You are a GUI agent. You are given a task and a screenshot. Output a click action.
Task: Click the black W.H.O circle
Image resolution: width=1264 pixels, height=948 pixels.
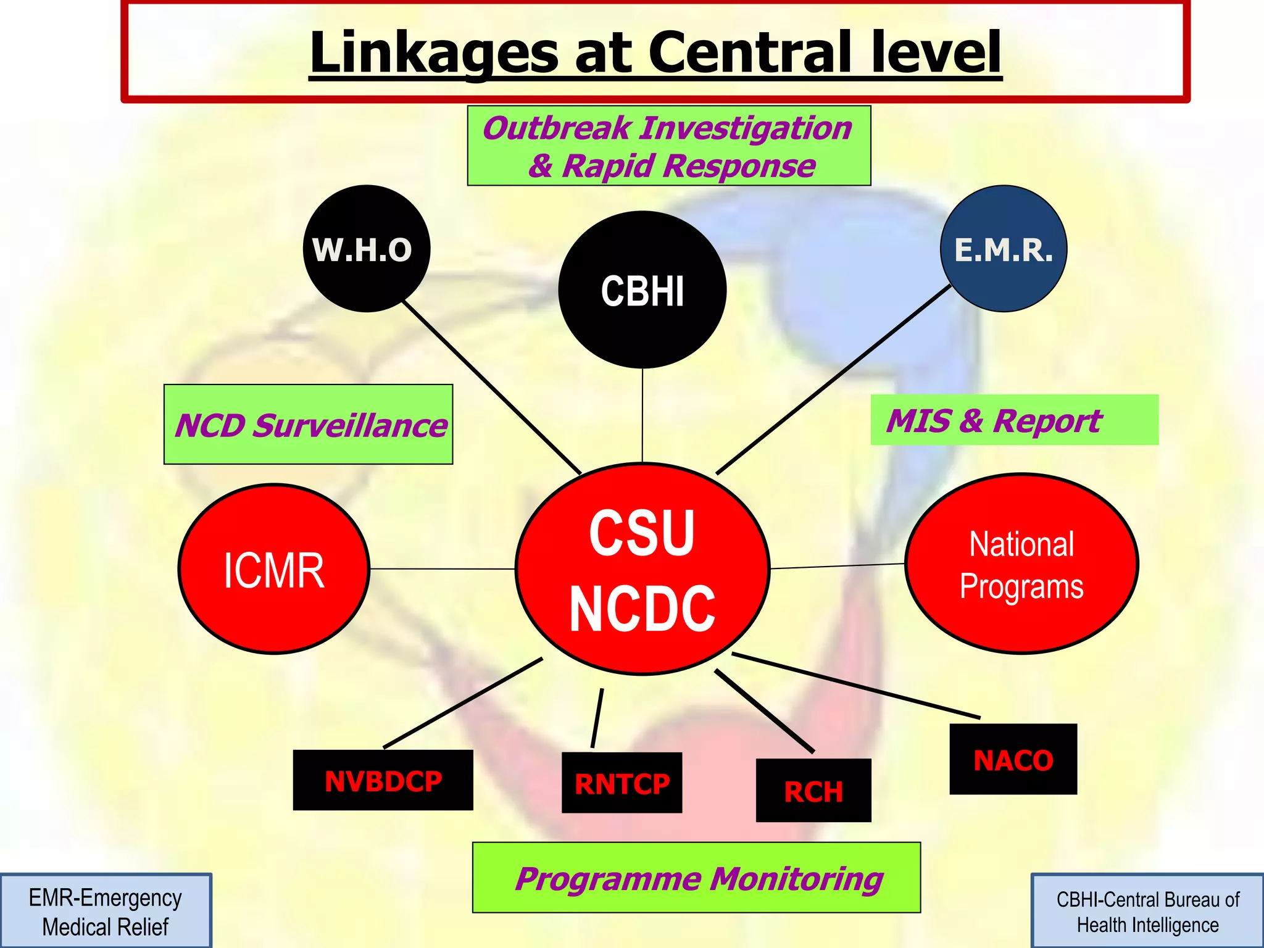pyautogui.click(x=366, y=249)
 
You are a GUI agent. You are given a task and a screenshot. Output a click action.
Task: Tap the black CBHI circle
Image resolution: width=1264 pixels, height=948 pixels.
pyautogui.click(x=642, y=290)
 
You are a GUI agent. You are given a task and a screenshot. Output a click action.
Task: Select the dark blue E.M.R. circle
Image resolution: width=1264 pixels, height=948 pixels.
pyautogui.click(x=1004, y=249)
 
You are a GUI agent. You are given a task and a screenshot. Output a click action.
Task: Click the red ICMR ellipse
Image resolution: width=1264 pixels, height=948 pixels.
pyautogui.click(x=273, y=569)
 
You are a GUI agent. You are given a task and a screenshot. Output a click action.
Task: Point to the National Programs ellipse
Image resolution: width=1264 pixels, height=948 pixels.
pyautogui.click(x=1021, y=564)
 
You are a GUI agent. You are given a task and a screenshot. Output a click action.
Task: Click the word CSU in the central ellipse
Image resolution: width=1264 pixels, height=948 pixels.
pyautogui.click(x=642, y=532)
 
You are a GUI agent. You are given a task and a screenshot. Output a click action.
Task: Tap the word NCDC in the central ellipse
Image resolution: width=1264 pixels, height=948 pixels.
pyautogui.click(x=642, y=609)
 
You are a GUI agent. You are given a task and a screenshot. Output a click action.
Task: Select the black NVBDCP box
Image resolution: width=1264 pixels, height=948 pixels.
pyautogui.click(x=383, y=780)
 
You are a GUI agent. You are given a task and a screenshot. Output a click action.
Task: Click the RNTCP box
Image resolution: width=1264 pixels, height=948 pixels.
pyautogui.click(x=622, y=783)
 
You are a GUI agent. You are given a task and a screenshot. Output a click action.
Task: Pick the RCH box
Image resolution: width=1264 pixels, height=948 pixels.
pyautogui.click(x=813, y=791)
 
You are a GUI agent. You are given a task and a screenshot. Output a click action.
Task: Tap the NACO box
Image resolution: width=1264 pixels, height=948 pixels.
pyautogui.click(x=1013, y=759)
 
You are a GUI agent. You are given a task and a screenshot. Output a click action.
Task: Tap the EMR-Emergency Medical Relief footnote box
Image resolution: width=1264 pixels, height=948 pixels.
pyautogui.click(x=106, y=911)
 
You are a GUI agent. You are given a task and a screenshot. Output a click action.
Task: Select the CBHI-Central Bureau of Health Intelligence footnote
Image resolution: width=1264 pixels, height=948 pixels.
pyautogui.click(x=1147, y=912)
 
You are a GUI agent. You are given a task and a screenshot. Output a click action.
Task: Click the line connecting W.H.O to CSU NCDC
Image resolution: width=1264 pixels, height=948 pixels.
pyautogui.click(x=492, y=388)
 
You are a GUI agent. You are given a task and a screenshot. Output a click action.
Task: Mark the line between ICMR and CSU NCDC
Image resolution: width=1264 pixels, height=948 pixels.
pyautogui.click(x=442, y=568)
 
